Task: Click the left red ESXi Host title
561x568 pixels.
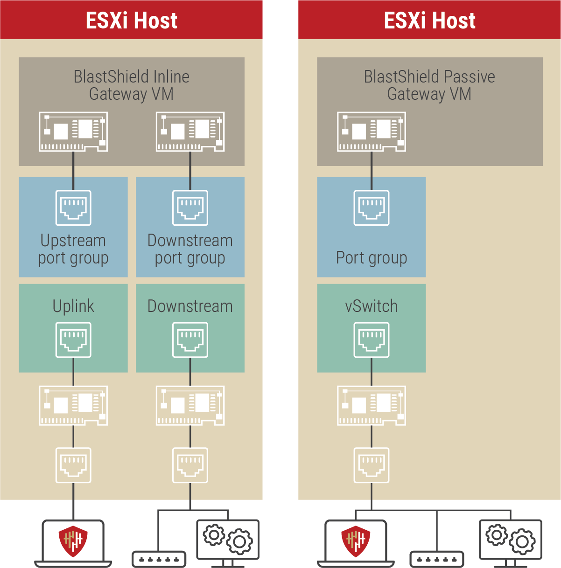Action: (x=131, y=20)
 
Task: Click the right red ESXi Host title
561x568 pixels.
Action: (x=429, y=20)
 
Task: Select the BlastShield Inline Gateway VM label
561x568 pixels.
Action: (x=131, y=85)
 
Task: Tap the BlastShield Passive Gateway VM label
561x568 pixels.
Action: (x=429, y=85)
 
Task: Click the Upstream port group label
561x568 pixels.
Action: (x=73, y=249)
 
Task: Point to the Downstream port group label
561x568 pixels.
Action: (x=190, y=249)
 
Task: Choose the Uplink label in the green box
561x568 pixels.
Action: (x=73, y=306)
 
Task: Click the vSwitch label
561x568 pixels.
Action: (x=371, y=306)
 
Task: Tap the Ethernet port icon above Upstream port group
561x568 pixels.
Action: (x=73, y=208)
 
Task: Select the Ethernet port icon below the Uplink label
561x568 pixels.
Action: (x=73, y=340)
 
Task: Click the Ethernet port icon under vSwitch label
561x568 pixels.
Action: (x=371, y=340)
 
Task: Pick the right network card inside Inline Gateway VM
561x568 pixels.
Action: (x=190, y=132)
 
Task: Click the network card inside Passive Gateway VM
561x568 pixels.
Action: (x=371, y=132)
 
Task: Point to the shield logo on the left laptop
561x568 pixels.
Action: (x=73, y=541)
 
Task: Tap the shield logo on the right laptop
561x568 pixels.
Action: (x=356, y=541)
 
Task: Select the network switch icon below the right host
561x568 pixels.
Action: (x=437, y=559)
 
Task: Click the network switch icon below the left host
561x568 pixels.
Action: (x=159, y=559)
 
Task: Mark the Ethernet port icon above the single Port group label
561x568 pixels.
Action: (x=371, y=208)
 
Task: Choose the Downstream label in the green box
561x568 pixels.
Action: (x=190, y=306)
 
